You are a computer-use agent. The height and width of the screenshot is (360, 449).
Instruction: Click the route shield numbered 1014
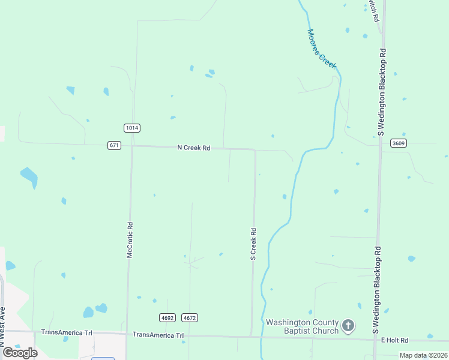(132, 128)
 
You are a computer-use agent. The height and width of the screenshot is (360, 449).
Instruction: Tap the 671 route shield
(115, 145)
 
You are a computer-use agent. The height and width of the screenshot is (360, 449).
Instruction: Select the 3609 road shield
(398, 143)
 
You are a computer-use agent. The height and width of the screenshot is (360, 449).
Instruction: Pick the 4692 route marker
(167, 317)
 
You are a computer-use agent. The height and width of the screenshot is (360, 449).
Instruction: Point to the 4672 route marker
(190, 317)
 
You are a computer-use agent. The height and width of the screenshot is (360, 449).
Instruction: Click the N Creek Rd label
(193, 148)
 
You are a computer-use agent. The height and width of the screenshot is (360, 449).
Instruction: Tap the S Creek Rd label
(253, 244)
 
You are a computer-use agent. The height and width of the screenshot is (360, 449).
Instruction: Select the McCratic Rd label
(129, 241)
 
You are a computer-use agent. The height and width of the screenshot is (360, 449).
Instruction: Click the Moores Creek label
(322, 49)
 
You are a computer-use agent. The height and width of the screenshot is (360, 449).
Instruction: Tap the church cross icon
(348, 326)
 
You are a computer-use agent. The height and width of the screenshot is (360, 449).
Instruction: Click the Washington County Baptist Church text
(303, 326)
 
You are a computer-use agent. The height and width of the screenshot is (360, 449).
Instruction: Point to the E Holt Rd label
(394, 340)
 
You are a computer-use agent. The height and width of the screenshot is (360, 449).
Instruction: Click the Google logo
(20, 353)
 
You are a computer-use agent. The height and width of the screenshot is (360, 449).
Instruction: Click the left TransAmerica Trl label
(67, 332)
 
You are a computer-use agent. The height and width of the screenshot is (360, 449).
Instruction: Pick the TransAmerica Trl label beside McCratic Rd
(158, 335)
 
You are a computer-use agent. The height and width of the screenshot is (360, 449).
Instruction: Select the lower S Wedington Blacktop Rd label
(376, 290)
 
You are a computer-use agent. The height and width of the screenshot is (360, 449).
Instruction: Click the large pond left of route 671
(29, 176)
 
